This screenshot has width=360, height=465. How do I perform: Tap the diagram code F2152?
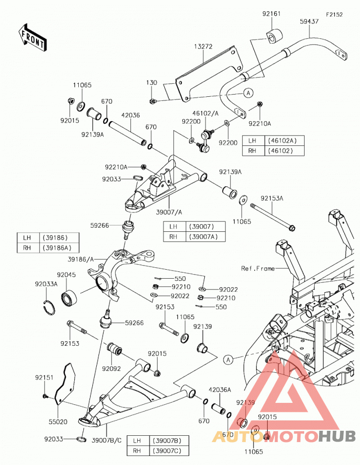[334, 14]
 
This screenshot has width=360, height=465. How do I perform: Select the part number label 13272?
[203, 46]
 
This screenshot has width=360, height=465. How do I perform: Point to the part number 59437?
[309, 21]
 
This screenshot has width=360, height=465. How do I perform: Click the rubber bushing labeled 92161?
[274, 36]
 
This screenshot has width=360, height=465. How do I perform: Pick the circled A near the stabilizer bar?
[248, 93]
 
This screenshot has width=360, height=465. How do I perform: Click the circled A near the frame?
[228, 360]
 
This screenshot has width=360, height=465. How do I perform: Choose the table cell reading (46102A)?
[282, 140]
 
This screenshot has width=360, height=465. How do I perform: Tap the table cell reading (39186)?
[55, 238]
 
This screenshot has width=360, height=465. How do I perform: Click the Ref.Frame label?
[258, 268]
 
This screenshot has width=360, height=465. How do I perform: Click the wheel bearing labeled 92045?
[69, 297]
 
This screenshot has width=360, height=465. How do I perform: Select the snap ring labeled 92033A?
[49, 307]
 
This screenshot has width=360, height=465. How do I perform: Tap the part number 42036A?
[220, 390]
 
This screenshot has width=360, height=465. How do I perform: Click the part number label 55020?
[58, 421]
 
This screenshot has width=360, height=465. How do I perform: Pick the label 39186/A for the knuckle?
[81, 259]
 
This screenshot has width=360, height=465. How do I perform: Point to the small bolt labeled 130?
[152, 101]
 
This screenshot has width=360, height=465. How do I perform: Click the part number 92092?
[111, 369]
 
